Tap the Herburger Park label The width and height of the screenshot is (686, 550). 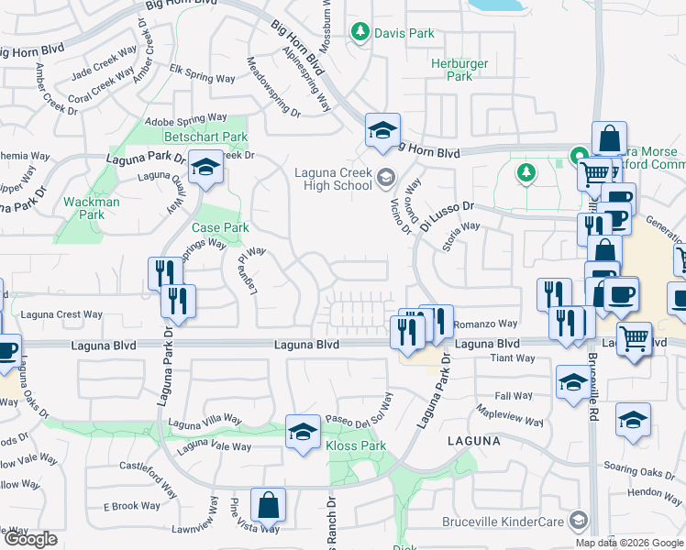point(451,71)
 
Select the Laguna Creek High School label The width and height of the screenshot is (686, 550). point(333,179)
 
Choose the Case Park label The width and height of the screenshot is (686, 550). point(220,227)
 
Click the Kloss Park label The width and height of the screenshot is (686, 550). point(353,446)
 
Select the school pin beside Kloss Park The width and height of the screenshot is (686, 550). point(303,433)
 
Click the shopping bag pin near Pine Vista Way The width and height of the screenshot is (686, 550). point(268,505)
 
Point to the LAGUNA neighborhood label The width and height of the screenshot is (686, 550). point(473,441)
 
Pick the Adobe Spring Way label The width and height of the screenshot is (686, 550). point(186,118)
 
